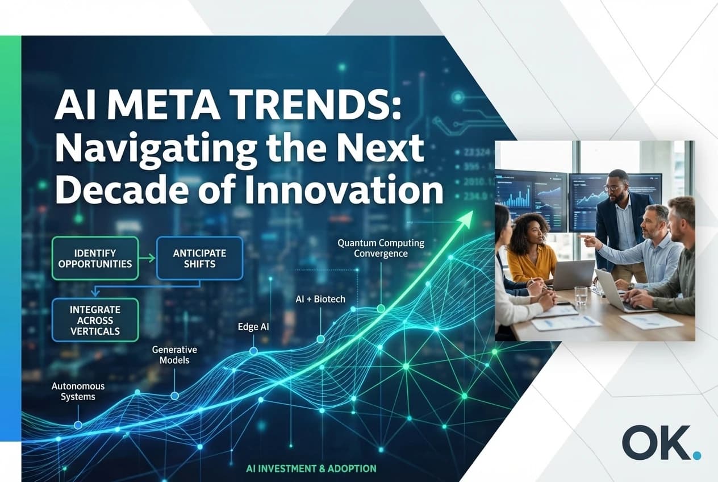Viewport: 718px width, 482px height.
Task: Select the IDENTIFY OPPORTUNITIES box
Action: [95, 258]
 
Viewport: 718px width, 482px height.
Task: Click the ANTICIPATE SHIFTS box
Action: [199, 258]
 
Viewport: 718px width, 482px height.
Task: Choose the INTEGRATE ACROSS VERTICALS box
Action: [95, 321]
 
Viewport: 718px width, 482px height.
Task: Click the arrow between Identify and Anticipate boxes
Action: [147, 259]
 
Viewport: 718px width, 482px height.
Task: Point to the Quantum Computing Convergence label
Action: [381, 248]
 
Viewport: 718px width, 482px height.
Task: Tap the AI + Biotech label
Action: [320, 298]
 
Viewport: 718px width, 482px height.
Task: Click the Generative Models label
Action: [174, 355]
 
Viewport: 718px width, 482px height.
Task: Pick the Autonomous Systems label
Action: [78, 391]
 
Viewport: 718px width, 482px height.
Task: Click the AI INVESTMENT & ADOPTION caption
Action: [311, 469]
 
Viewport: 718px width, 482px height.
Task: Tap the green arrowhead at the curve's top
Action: [467, 217]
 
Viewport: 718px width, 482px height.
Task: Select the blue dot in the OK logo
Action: [697, 454]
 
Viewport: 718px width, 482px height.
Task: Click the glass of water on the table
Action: [581, 296]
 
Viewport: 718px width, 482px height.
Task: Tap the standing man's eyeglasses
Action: [612, 187]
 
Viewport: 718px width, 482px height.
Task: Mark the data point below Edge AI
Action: [253, 352]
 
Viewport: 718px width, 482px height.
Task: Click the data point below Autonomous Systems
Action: [78, 425]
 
